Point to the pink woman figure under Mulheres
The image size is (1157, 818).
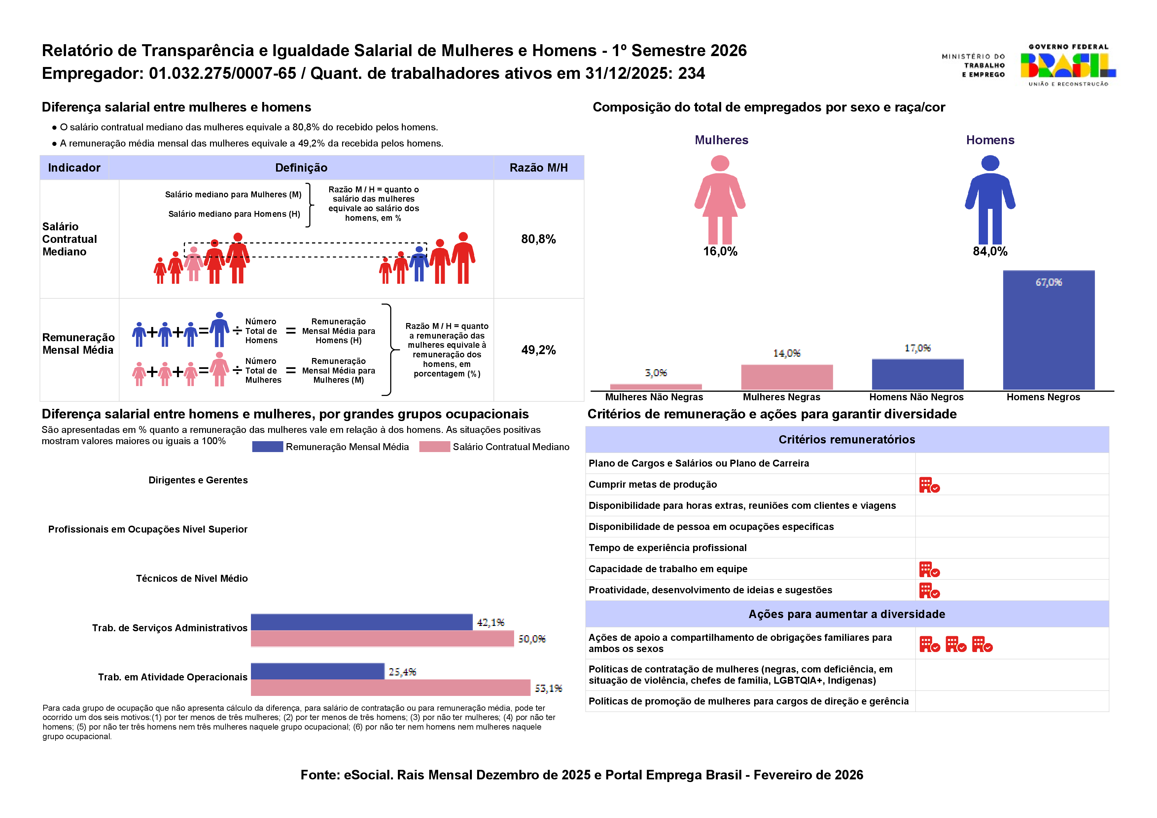pos(720,199)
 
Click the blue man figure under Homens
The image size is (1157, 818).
pos(990,199)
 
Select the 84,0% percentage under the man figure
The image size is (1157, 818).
pos(990,251)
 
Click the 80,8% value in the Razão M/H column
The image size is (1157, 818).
pos(538,239)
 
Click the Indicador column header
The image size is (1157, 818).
pos(74,168)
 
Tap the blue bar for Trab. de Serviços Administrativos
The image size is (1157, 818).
pos(362,622)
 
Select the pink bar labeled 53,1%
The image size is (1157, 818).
pos(391,688)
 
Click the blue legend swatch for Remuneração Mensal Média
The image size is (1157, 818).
pos(267,447)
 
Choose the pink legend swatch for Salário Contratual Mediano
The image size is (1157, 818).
pos(435,447)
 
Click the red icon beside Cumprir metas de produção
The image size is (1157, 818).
pos(929,485)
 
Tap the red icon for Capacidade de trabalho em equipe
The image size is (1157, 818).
pos(929,570)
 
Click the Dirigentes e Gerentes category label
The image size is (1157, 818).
pos(198,480)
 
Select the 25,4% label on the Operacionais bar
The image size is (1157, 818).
pos(402,672)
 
